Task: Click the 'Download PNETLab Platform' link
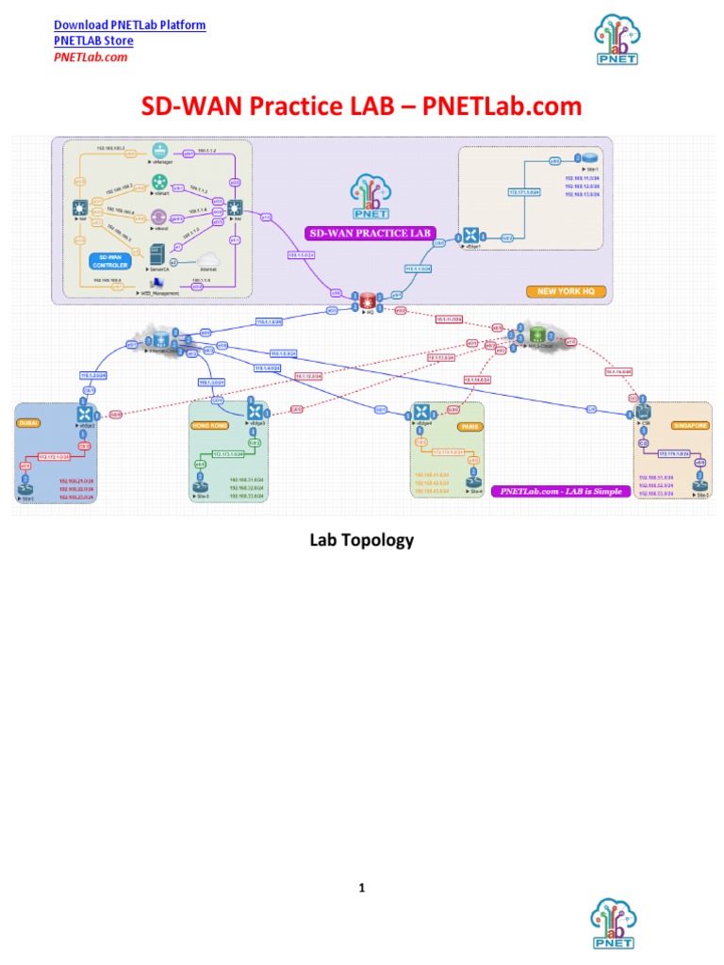click(129, 25)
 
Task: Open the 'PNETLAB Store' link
click(93, 41)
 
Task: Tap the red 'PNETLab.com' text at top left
click(90, 57)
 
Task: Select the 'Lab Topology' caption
click(362, 540)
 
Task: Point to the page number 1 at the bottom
click(361, 887)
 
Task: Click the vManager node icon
click(159, 151)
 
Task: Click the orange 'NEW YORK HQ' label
click(566, 292)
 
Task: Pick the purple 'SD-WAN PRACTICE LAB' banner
click(362, 232)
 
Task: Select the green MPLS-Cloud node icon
click(538, 335)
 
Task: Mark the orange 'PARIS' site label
click(467, 425)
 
